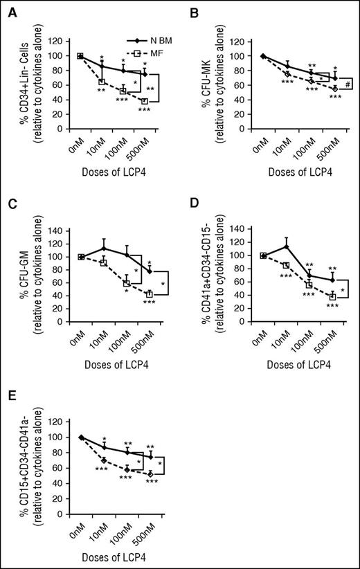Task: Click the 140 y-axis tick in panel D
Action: [233, 229]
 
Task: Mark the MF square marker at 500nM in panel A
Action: [145, 101]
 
